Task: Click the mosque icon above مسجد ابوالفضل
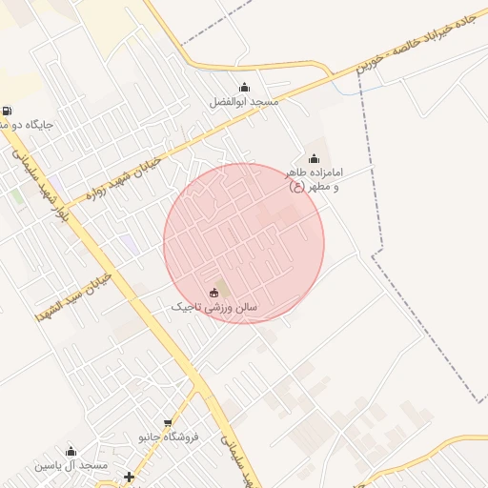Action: [x=244, y=88]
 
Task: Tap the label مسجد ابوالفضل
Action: [x=243, y=101]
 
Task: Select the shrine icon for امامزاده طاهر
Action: [x=314, y=159]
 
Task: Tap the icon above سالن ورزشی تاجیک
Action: [x=212, y=293]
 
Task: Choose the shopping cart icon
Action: [x=168, y=422]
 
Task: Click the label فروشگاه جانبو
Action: [x=168, y=437]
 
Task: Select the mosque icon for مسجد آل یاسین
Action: [x=70, y=451]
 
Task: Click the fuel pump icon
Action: [x=8, y=111]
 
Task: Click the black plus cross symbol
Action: [x=129, y=476]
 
